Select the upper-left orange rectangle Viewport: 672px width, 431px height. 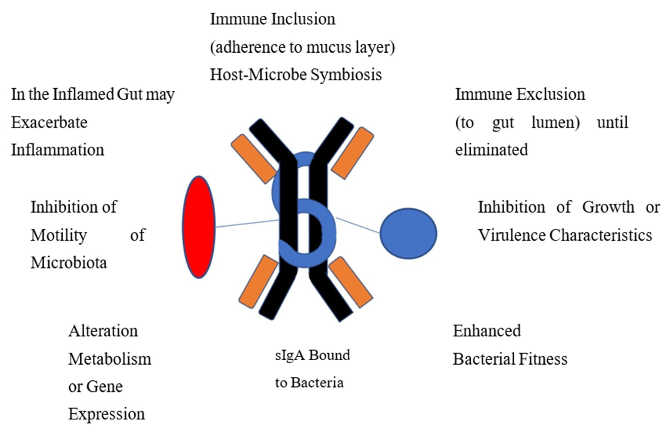[x=254, y=159]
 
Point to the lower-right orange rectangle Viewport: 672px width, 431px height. [x=350, y=282]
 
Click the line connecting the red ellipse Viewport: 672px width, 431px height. [x=246, y=224]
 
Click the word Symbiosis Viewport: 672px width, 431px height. [x=346, y=75]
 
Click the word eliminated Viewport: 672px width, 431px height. [x=491, y=150]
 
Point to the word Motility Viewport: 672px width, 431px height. [x=59, y=235]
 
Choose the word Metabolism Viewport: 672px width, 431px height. [x=110, y=359]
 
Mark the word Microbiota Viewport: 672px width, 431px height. [x=69, y=263]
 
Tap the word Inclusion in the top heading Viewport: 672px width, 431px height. [x=303, y=19]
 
